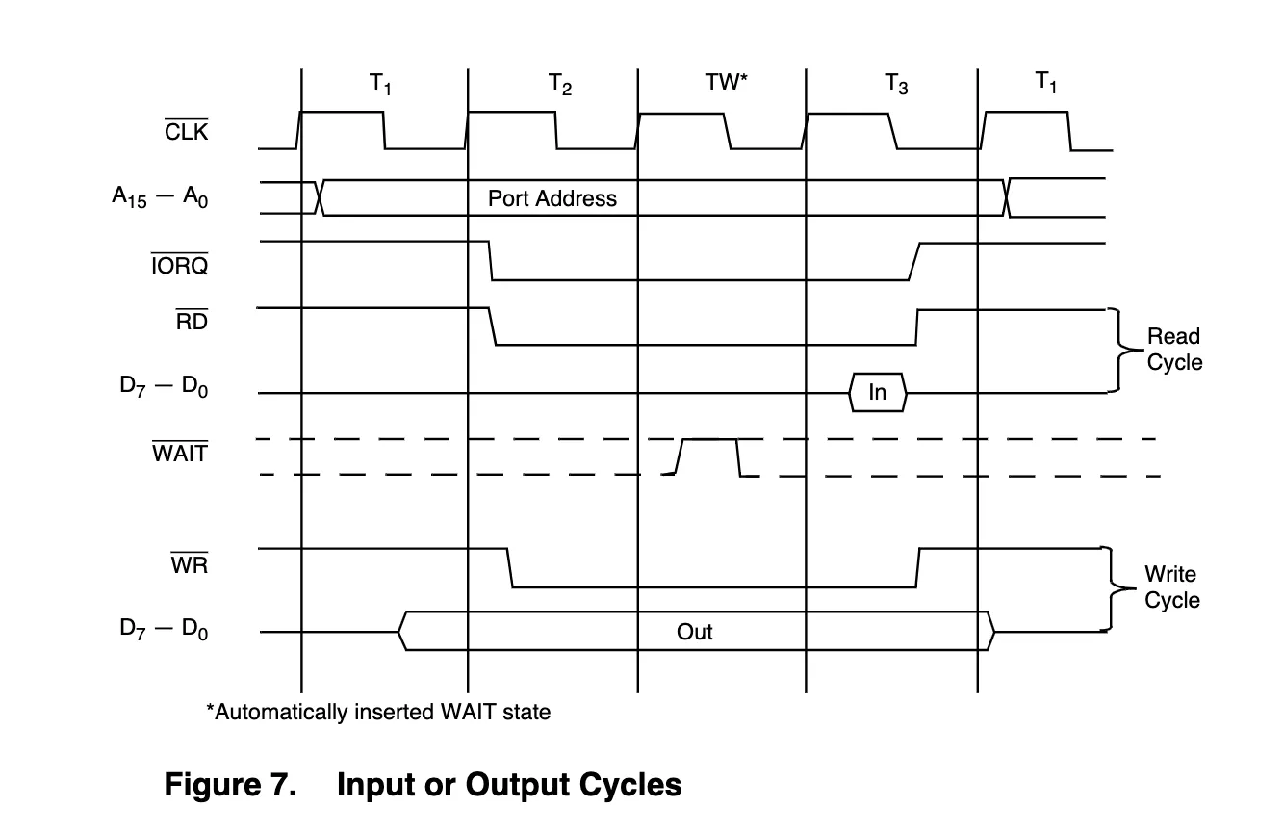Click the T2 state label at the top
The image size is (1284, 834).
[560, 85]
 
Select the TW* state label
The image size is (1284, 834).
[727, 82]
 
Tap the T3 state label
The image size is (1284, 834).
[896, 84]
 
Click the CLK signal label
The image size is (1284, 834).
[187, 130]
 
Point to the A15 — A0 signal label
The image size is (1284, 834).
[160, 196]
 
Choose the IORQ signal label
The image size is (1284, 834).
[179, 264]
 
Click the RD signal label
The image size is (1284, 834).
[192, 320]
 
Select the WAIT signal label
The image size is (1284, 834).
[180, 452]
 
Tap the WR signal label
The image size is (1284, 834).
[190, 563]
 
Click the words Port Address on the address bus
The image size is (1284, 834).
[552, 198]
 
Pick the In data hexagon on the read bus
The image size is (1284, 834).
[878, 392]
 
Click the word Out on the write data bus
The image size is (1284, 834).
[694, 632]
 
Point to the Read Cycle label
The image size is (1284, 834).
[1174, 349]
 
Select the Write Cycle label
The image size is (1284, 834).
[1172, 586]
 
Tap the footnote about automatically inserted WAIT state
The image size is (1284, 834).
[378, 712]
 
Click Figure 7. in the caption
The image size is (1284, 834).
[230, 784]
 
